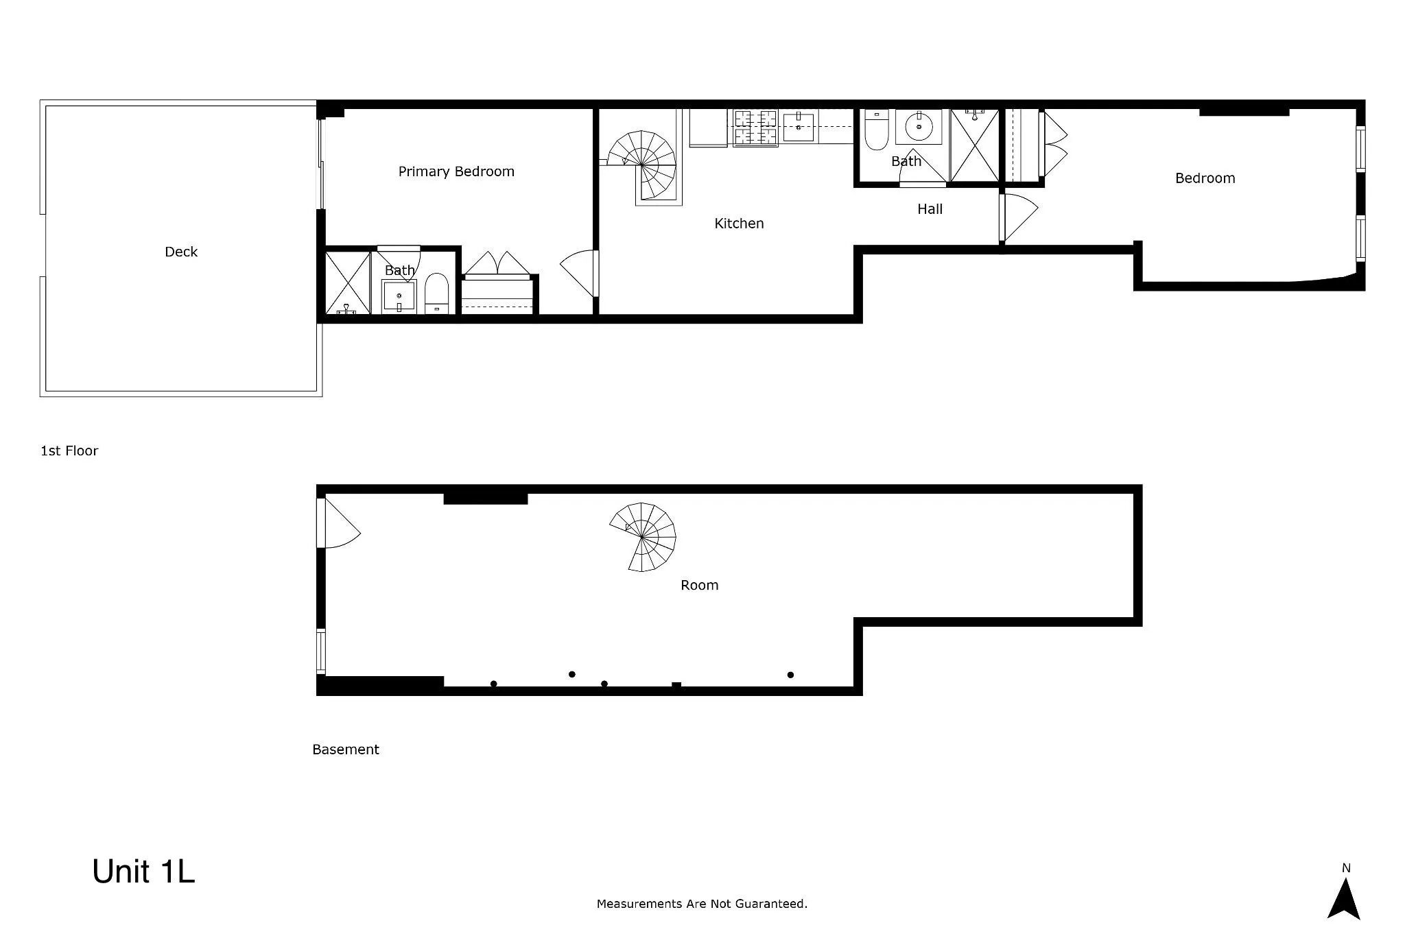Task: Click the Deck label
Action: (181, 252)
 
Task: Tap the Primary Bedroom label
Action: (456, 171)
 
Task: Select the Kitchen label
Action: (739, 224)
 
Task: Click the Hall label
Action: (930, 209)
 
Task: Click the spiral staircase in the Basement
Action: (643, 537)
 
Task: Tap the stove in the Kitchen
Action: (755, 128)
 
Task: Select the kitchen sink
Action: (799, 127)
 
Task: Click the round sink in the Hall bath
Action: (919, 127)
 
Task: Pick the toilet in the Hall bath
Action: (876, 130)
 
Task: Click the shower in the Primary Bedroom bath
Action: (347, 283)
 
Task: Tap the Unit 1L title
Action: (143, 872)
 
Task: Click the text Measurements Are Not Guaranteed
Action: (702, 904)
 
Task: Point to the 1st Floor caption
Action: (69, 451)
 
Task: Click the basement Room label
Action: (699, 585)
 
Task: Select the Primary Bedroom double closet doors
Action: (497, 264)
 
